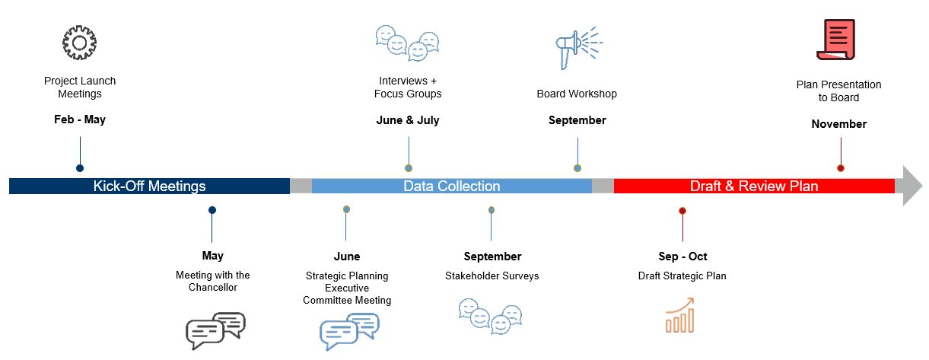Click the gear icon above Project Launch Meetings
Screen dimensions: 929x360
(x=80, y=43)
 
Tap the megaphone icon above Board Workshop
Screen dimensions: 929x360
(x=578, y=48)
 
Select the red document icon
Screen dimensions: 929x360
(x=836, y=40)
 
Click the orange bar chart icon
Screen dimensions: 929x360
(x=680, y=315)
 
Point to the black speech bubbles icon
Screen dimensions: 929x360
(x=215, y=330)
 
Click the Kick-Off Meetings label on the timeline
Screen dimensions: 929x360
(x=149, y=186)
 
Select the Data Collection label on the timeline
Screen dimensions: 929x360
(x=452, y=186)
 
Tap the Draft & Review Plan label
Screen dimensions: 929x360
(x=754, y=186)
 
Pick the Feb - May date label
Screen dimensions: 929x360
(x=80, y=119)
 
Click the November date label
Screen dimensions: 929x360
(x=839, y=124)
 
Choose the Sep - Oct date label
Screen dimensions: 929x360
(x=682, y=256)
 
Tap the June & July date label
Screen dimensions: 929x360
(x=408, y=120)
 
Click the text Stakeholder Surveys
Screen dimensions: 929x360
(x=492, y=276)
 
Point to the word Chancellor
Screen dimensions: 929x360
(x=213, y=288)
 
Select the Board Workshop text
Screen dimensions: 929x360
(x=577, y=94)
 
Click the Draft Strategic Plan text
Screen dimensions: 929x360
(x=682, y=276)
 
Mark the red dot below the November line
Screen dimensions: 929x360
(x=841, y=168)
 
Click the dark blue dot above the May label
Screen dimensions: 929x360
(x=212, y=210)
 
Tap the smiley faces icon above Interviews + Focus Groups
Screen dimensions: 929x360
(x=407, y=43)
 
